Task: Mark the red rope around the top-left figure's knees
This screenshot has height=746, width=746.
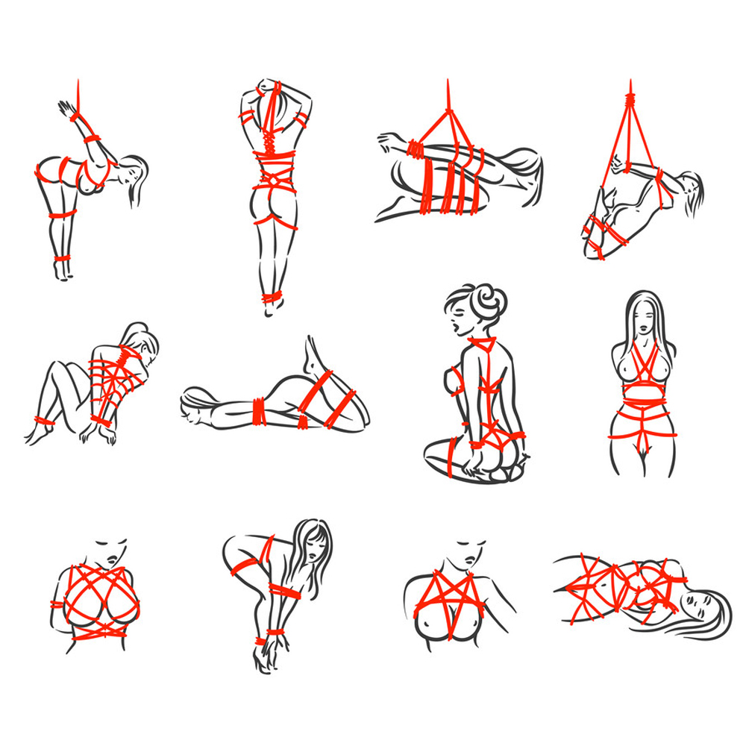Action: click(x=63, y=216)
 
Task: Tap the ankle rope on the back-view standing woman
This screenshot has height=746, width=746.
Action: click(x=270, y=299)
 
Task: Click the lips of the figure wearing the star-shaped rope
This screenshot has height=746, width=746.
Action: click(x=467, y=559)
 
